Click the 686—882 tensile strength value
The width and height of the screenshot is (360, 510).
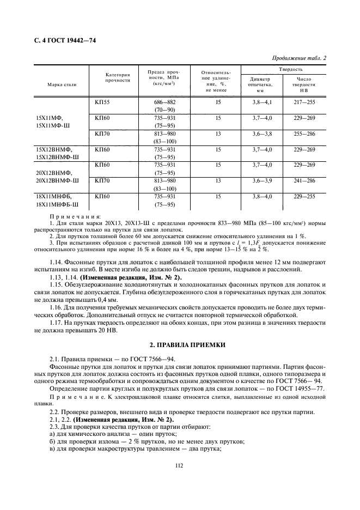[x=163, y=102]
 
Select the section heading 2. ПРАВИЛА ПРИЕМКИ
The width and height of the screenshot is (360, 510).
[x=180, y=345]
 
